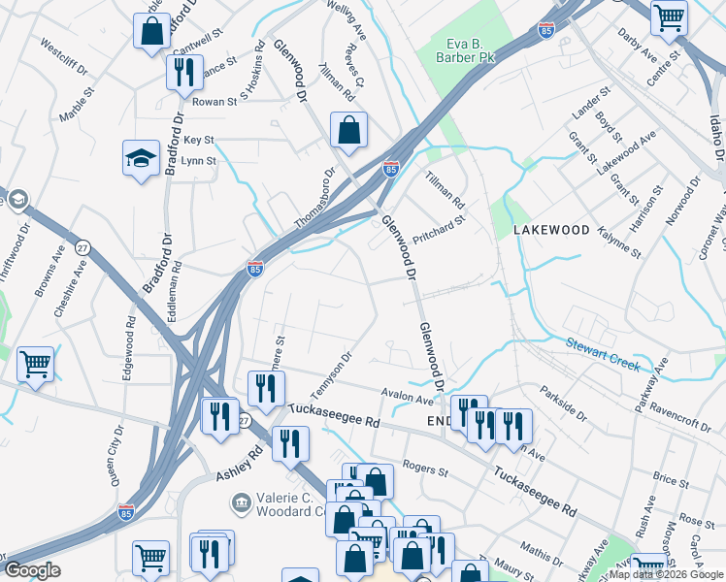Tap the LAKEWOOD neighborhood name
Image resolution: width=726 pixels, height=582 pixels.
pos(551,230)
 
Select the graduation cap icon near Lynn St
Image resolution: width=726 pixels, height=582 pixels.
pos(141,158)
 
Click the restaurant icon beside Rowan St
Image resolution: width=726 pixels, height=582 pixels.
pos(183,73)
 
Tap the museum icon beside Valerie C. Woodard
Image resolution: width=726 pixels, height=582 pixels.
pos(240,503)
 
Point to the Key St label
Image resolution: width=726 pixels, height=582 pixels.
pos(198,141)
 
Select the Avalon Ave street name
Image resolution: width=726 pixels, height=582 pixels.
pos(408,398)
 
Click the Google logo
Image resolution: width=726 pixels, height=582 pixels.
pos(32,570)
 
